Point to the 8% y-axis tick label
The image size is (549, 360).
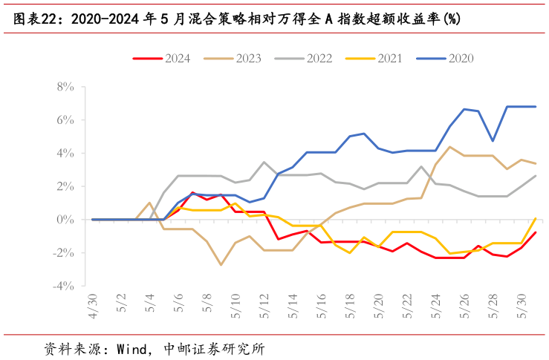65,87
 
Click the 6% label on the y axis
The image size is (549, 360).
65,120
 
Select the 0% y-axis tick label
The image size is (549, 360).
65,220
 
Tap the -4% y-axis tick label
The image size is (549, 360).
63,286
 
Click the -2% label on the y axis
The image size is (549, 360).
63,253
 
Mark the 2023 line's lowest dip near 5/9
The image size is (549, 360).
221,265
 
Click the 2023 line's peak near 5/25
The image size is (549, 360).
450,147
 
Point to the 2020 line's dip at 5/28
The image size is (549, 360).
493,141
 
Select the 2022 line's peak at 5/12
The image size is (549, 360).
264,162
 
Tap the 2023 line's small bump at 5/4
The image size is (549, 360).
149,203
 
